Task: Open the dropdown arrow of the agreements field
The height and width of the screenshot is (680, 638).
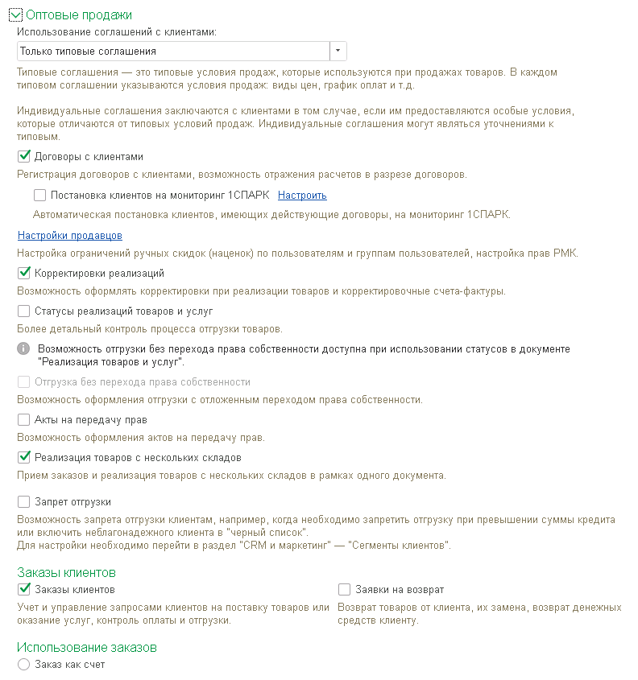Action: (338, 52)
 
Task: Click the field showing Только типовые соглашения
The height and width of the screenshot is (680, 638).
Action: (172, 52)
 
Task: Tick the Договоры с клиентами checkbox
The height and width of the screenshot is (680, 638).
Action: (24, 157)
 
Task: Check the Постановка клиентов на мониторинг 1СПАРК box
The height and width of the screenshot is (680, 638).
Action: (40, 196)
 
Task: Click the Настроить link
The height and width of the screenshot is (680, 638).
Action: (302, 196)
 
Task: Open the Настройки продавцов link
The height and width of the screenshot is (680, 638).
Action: (69, 236)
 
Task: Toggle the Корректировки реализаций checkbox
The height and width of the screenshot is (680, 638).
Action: (24, 274)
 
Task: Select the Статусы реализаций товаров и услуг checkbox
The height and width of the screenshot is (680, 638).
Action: (24, 311)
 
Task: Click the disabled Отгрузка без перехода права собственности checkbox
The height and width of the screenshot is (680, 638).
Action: (24, 382)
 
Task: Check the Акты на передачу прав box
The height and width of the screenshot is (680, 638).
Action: (24, 420)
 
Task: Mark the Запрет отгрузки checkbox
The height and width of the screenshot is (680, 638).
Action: (24, 502)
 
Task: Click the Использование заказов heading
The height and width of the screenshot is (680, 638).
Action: (87, 647)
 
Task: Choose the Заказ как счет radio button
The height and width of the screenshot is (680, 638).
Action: (24, 666)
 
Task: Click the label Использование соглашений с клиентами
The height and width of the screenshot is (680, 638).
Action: (118, 32)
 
